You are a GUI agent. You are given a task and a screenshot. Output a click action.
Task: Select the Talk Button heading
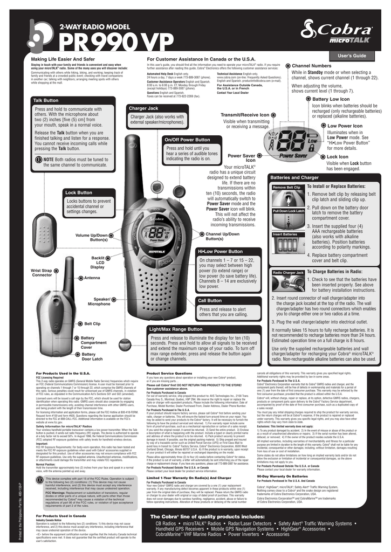pos(46,100)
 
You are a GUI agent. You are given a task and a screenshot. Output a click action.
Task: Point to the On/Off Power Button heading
pos(188,139)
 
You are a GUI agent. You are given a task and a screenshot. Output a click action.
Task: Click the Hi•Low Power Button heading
pos(220,252)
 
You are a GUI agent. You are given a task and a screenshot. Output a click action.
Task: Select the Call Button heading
pos(210,300)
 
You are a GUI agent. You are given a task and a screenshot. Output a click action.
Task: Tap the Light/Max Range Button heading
pos(175,328)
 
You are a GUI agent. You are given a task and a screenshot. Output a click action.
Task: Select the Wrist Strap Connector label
pos(42,273)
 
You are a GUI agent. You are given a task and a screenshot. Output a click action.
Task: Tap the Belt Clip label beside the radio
pos(93,323)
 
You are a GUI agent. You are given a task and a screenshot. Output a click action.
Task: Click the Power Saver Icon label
pos(242,157)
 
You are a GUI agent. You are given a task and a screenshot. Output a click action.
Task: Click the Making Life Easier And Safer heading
pos(63,58)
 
